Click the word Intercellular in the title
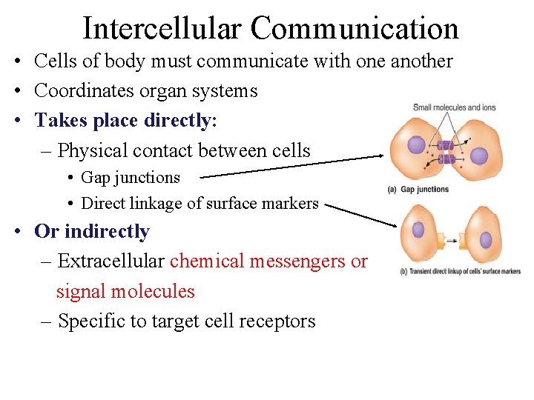162,28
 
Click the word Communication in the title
355,28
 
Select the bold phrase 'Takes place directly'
123,120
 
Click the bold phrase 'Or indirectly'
92,231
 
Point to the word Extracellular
111,261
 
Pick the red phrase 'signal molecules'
125,291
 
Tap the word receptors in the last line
277,321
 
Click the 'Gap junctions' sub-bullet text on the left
131,178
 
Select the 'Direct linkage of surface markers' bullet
200,204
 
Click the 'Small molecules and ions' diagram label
454,107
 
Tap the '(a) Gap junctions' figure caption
418,190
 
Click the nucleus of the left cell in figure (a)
417,144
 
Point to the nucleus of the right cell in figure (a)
480,156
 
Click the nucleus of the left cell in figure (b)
418,230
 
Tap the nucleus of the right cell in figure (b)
486,240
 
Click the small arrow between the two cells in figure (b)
452,240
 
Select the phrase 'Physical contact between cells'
184,150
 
